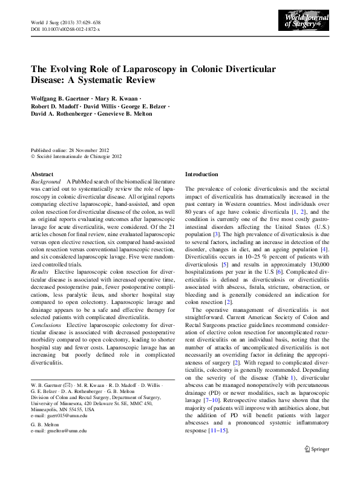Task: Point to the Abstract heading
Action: pos(42,174)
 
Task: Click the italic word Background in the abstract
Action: pos(46,181)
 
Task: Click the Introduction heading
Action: pos(201,174)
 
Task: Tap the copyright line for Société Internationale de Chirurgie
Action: pos(76,156)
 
